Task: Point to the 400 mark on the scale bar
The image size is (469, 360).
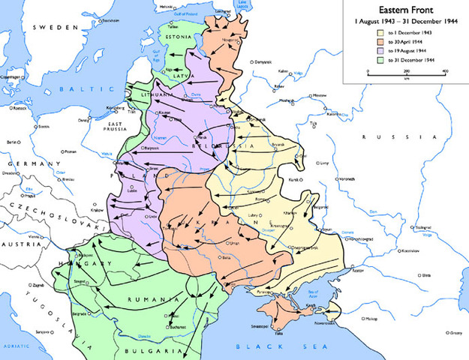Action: tap(445, 71)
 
